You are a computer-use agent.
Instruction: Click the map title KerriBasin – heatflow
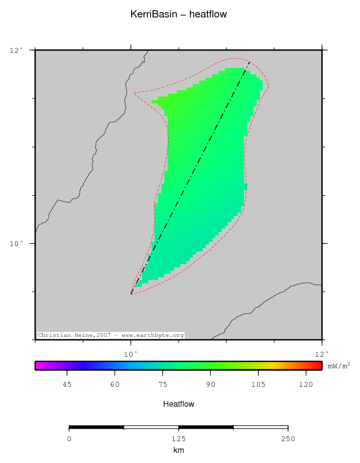[179, 15]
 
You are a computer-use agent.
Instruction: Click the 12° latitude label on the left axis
[17, 50]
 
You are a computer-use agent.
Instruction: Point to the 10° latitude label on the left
[17, 244]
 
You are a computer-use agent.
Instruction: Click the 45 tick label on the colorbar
[67, 385]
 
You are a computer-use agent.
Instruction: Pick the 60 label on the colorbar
[115, 385]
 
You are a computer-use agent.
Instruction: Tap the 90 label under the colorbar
[210, 385]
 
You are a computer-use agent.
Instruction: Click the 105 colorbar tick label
[258, 385]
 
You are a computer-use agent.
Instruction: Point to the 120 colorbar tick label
[306, 385]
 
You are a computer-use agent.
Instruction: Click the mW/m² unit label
[339, 366]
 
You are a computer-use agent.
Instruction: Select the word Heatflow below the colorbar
[179, 404]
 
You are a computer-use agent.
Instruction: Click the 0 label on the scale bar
[69, 439]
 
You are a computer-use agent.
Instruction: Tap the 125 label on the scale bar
[179, 439]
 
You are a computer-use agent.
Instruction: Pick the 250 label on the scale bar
[288, 439]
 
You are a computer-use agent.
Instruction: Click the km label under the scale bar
[179, 450]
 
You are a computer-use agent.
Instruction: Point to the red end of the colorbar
[318, 366]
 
